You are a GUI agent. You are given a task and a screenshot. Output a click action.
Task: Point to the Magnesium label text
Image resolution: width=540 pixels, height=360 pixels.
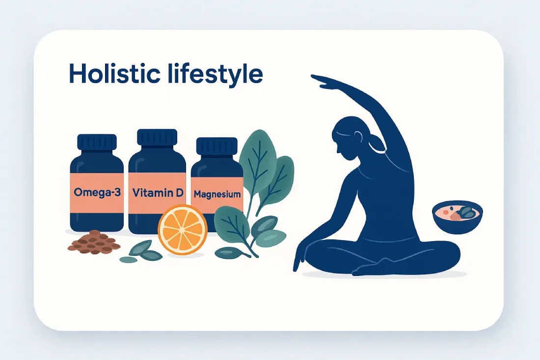click(x=217, y=194)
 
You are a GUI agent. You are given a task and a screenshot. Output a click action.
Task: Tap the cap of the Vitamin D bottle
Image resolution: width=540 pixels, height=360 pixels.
click(x=157, y=138)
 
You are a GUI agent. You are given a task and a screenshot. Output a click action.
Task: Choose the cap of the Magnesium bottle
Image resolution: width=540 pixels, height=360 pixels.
click(x=216, y=146)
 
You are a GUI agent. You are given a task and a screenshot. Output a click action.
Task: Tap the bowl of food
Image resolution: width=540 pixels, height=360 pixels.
click(x=457, y=217)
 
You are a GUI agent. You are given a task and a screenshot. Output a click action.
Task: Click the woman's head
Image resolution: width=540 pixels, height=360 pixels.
click(x=350, y=138)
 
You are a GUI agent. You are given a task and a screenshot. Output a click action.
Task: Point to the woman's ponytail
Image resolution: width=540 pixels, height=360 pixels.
click(x=375, y=144)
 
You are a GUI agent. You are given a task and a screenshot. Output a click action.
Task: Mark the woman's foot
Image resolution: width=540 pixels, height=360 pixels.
click(x=366, y=269)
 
